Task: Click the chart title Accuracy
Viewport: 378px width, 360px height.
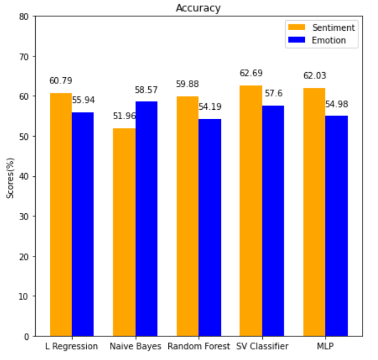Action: pos(198,8)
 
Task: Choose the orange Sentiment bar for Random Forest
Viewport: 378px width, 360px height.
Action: pos(187,216)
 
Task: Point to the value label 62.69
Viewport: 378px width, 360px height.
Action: pos(251,73)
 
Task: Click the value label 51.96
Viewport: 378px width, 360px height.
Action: pos(124,116)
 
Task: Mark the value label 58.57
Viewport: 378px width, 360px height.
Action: pos(147,90)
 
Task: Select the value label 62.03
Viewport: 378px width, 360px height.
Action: pos(314,76)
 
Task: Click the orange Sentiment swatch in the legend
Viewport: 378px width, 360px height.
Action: pos(296,27)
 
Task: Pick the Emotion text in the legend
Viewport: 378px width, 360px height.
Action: pos(329,40)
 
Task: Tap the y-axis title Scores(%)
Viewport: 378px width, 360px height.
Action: pos(10,176)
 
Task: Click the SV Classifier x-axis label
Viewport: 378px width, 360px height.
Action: pos(262,347)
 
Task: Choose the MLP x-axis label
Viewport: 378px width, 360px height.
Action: pos(325,347)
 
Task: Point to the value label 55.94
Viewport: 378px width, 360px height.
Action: pos(83,100)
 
